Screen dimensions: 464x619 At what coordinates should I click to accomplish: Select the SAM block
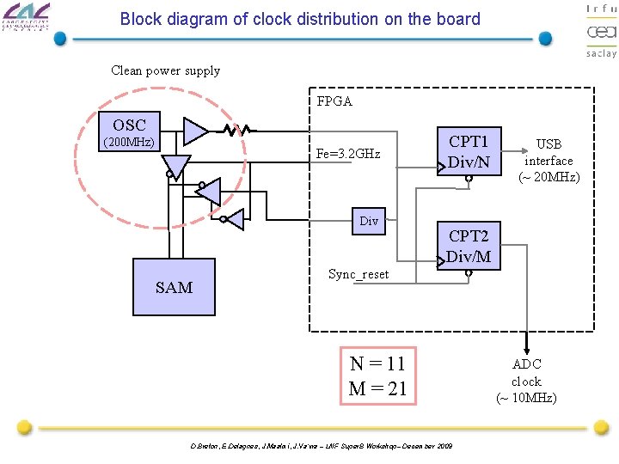pos(174,286)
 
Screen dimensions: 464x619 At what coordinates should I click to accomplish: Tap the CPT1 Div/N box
pos(469,151)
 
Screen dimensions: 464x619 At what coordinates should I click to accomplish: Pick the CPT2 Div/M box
pos(469,245)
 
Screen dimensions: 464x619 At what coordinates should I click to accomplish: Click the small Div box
pos(369,222)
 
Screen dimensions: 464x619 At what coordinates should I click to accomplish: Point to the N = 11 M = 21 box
pos(377,375)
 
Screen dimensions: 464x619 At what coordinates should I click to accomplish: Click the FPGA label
pos(334,101)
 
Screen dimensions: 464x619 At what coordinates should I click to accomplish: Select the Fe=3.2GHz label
pos(348,154)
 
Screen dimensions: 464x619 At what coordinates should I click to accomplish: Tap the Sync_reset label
pos(359,274)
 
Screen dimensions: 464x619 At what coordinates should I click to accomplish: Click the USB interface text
pos(549,161)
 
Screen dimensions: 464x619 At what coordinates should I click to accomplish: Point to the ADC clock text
pos(526,381)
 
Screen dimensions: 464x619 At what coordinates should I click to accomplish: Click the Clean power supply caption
pos(165,70)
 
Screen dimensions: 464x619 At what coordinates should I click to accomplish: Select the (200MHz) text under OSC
pos(129,142)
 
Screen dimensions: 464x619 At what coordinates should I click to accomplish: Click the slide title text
pos(300,19)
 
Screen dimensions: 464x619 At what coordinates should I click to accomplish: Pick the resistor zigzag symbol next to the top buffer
pos(236,131)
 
